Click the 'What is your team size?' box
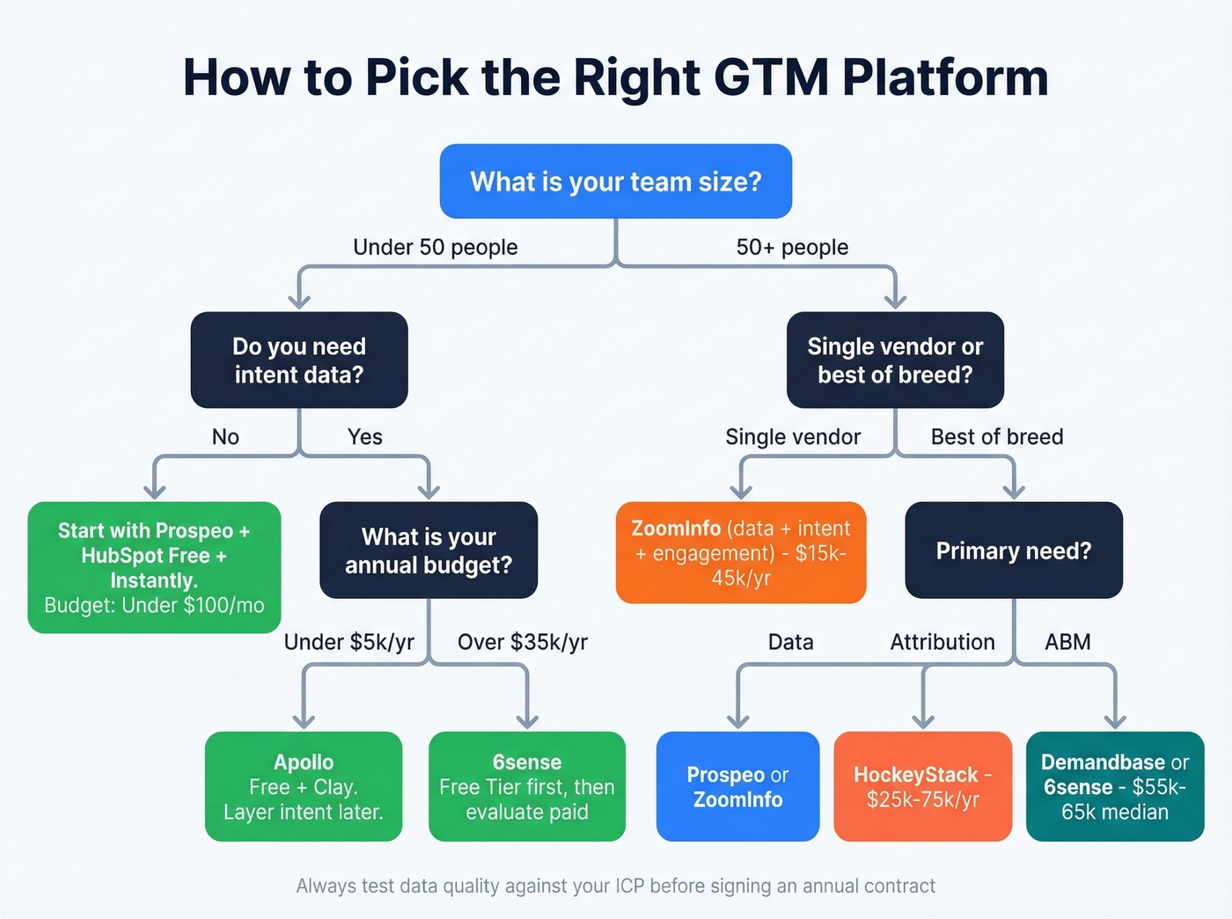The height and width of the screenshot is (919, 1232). [x=616, y=181]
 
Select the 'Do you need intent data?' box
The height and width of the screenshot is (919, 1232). [x=299, y=360]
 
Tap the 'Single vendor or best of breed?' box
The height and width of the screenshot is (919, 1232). [x=895, y=360]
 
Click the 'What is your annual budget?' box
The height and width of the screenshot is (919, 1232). [x=429, y=551]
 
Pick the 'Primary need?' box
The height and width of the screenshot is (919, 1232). [x=1014, y=551]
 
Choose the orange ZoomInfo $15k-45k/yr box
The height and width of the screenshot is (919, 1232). [x=741, y=552]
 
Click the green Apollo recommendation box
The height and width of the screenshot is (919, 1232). [x=304, y=786]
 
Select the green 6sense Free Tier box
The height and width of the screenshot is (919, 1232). [x=527, y=786]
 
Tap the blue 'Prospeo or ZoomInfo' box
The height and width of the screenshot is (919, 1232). [x=737, y=786]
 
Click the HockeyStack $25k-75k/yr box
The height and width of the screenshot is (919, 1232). [x=922, y=786]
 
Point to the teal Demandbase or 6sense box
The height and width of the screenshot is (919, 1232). [x=1115, y=786]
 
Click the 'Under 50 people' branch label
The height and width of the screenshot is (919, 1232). [x=435, y=247]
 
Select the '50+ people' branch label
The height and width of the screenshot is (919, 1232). [x=792, y=247]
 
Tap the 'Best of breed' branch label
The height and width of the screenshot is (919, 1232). [x=997, y=437]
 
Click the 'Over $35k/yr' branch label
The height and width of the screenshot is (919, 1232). [x=522, y=642]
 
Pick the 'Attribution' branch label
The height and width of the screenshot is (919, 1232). [x=942, y=642]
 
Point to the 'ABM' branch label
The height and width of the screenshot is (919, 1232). [x=1067, y=642]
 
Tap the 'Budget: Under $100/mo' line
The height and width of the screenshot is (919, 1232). [x=154, y=605]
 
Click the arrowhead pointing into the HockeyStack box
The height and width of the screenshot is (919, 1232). [x=922, y=721]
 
